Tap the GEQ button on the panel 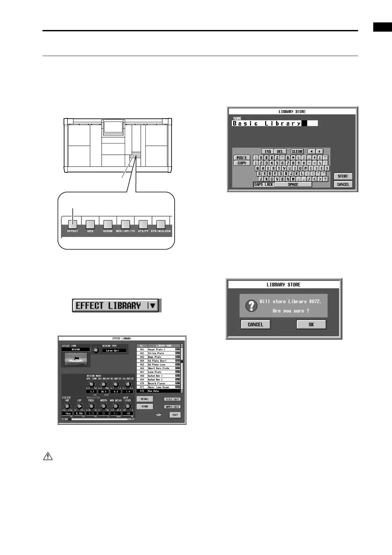(x=90, y=224)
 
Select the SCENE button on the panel (x=108, y=224)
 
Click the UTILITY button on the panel (x=143, y=224)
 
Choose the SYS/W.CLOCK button (x=161, y=224)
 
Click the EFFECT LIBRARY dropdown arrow (x=153, y=306)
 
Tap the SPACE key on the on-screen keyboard (x=293, y=185)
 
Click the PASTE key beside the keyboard (x=242, y=158)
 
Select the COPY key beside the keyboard (x=242, y=163)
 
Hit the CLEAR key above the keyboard (x=297, y=152)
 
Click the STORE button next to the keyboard (x=343, y=176)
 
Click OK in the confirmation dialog (x=311, y=324)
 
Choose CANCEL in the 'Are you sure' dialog (x=256, y=324)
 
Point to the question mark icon (x=252, y=306)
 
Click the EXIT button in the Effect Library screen (x=175, y=415)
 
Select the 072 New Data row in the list (x=158, y=391)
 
